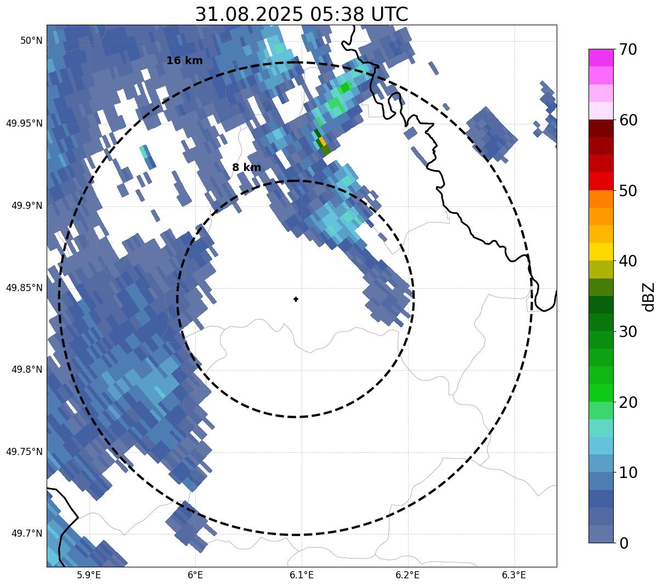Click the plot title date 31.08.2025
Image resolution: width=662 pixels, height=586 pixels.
(x=248, y=14)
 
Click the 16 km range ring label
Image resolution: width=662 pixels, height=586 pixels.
(x=184, y=61)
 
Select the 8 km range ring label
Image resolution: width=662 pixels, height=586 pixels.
(x=246, y=168)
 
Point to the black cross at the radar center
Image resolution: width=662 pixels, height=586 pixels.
(x=296, y=299)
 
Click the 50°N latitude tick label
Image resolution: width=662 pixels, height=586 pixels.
(x=31, y=41)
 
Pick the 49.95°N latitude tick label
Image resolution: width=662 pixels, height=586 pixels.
(x=24, y=123)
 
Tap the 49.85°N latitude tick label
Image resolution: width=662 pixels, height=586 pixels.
(x=24, y=287)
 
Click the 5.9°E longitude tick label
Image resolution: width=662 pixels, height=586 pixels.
(x=89, y=575)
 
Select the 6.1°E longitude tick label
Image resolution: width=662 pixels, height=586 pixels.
(x=302, y=575)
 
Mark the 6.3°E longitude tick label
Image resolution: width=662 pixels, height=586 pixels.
(x=514, y=575)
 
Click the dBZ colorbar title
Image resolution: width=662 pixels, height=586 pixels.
(x=649, y=297)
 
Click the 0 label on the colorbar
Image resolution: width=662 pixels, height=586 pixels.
(x=624, y=543)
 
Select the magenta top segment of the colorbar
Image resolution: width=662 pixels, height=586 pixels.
(x=601, y=58)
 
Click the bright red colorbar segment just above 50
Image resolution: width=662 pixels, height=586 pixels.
(x=601, y=181)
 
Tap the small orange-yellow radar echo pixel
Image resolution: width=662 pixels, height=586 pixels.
(x=322, y=141)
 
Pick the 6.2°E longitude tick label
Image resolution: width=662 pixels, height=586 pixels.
(x=408, y=575)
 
